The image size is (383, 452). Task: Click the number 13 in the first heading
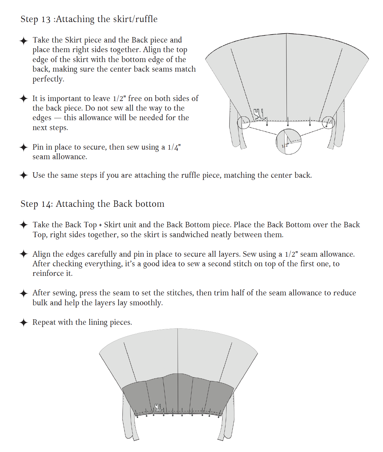46,19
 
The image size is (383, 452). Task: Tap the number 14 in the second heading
47,204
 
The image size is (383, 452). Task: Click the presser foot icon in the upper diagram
259,114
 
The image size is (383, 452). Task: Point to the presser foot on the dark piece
158,407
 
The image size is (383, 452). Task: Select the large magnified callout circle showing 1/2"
289,142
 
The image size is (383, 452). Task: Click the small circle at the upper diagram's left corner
244,122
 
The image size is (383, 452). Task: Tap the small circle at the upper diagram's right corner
328,122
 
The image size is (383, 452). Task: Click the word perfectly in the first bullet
48,79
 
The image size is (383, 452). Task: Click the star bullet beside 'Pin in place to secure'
24,147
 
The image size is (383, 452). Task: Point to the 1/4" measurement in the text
174,147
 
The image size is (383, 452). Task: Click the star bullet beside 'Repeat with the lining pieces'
24,323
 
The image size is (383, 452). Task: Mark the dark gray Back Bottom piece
177,393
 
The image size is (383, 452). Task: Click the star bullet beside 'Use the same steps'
24,175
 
